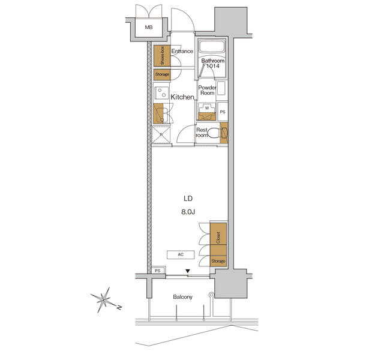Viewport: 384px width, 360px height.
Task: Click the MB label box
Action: coord(148,28)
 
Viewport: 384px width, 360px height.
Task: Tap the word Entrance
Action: coord(182,52)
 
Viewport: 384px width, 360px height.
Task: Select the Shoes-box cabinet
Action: coord(159,56)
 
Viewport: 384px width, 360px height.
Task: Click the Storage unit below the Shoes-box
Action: coord(161,74)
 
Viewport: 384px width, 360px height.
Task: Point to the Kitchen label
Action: coord(182,97)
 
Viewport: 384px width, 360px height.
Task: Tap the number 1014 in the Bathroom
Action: coord(214,67)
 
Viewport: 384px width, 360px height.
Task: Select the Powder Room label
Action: coord(208,90)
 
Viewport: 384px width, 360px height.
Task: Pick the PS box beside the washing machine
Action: coord(222,112)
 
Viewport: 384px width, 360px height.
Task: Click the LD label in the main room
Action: coord(188,199)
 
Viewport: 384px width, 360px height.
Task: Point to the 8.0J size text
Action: coord(188,211)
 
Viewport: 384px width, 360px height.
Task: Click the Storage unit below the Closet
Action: coord(218,261)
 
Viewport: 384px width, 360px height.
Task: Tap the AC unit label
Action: coord(180,254)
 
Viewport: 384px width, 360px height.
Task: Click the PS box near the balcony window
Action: coord(158,271)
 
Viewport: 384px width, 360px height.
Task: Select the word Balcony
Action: coord(182,297)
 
